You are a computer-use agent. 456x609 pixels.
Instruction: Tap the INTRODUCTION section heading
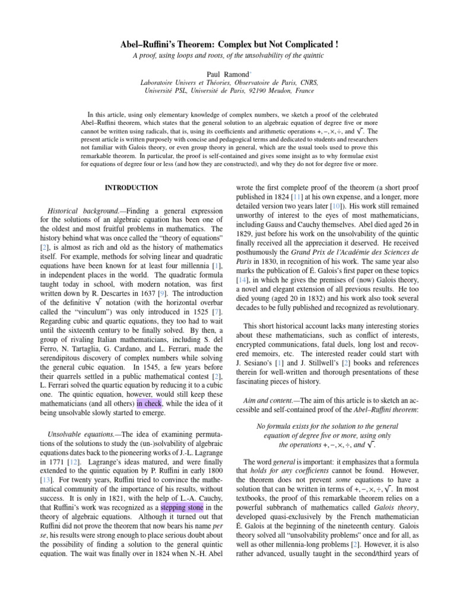(131, 187)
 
